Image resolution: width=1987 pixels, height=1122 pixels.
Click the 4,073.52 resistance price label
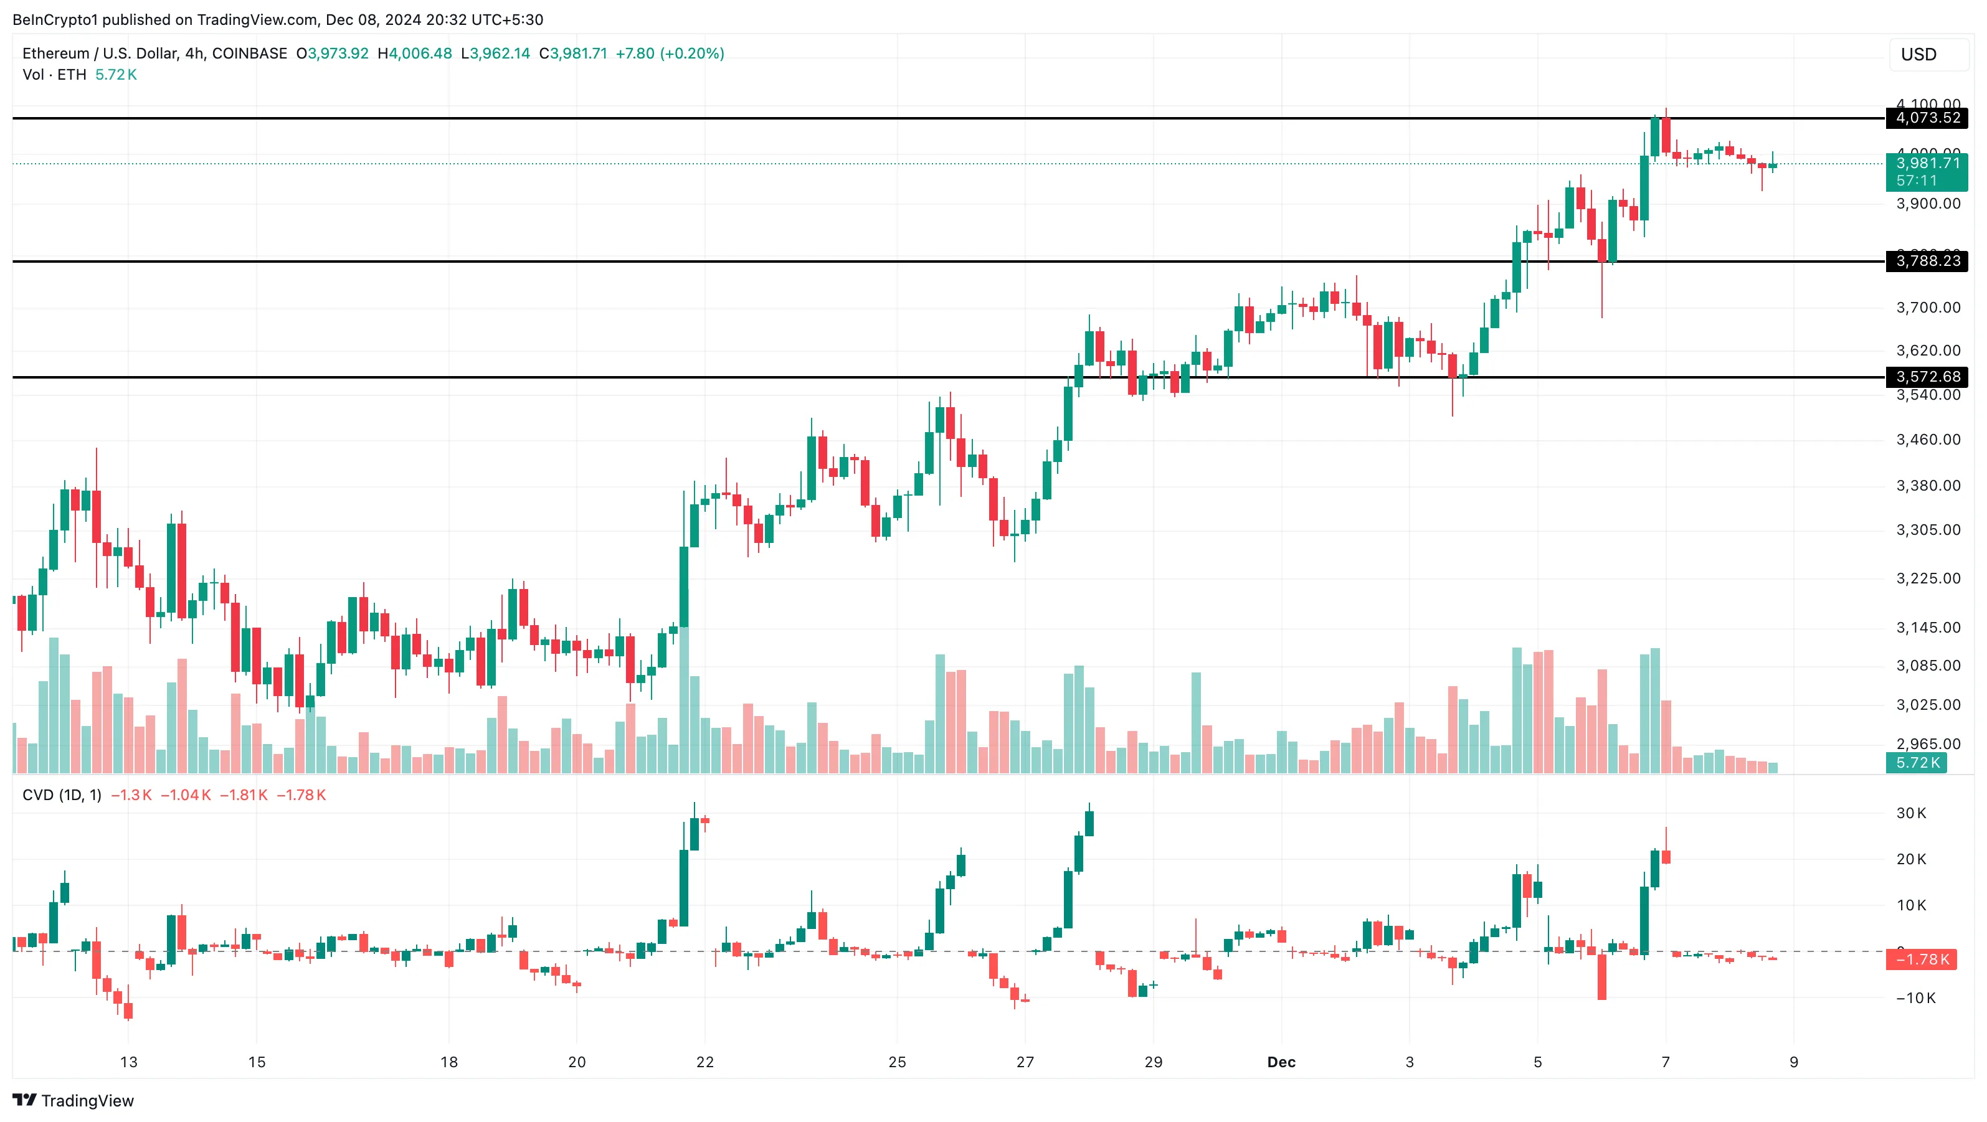1927,118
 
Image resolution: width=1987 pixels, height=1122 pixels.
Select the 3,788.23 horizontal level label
1927,261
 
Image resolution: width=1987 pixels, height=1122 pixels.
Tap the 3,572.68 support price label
1927,376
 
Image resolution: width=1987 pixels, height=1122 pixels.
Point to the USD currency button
1918,55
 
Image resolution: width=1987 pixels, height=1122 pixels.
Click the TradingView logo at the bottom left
74,1100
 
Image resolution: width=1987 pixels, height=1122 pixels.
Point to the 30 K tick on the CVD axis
1912,813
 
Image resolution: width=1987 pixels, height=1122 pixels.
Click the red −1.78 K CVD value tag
1922,959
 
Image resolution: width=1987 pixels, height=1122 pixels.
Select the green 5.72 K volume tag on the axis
1917,763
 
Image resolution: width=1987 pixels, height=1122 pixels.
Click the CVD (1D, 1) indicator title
62,795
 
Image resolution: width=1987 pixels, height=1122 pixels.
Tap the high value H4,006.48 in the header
415,53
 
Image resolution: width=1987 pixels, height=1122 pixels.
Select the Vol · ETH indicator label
54,75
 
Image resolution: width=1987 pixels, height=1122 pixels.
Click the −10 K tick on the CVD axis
1916,998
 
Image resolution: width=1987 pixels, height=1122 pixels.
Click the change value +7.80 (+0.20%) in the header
670,53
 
